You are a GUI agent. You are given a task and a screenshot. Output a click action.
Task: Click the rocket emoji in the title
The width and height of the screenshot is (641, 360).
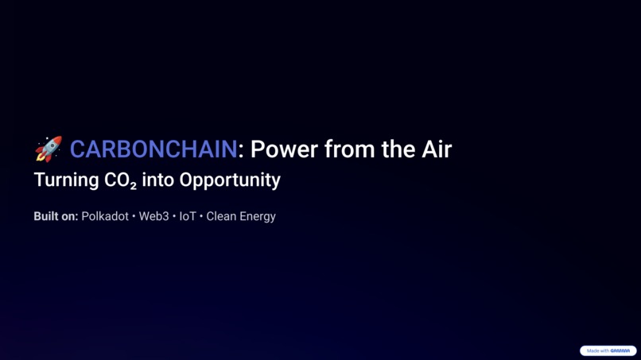pyautogui.click(x=48, y=149)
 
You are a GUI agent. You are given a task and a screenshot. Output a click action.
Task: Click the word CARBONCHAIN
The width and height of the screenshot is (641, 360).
pyautogui.click(x=153, y=149)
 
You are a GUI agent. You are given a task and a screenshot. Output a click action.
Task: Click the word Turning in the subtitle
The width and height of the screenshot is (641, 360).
pyautogui.click(x=66, y=180)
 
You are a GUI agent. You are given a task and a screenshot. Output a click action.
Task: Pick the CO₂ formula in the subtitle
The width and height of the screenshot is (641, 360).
pyautogui.click(x=120, y=180)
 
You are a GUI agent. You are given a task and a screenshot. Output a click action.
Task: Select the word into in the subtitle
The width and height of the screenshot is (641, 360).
pyautogui.click(x=157, y=180)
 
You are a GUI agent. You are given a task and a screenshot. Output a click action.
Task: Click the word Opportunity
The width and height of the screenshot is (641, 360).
pyautogui.click(x=230, y=180)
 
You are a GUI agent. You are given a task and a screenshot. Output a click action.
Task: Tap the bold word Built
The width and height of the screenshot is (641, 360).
pyautogui.click(x=46, y=216)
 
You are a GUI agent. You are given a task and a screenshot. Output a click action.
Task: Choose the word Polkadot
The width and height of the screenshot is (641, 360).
pyautogui.click(x=105, y=216)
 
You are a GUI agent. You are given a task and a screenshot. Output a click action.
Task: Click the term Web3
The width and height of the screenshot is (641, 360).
pyautogui.click(x=153, y=216)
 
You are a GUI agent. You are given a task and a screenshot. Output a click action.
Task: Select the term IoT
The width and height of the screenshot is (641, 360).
pyautogui.click(x=188, y=216)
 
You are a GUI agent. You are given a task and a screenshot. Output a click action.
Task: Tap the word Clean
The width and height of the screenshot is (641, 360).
pyautogui.click(x=222, y=216)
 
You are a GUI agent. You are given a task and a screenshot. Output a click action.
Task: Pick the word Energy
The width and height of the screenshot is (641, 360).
pyautogui.click(x=258, y=216)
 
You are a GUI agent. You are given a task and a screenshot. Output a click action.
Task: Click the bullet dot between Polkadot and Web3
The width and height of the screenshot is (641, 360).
pyautogui.click(x=134, y=216)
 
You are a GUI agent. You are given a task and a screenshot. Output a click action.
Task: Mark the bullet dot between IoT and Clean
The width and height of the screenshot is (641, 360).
pyautogui.click(x=201, y=216)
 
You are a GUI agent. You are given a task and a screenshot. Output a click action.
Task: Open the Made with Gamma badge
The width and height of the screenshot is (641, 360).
pyautogui.click(x=608, y=350)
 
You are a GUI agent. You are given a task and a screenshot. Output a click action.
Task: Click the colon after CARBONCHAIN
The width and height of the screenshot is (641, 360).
pyautogui.click(x=241, y=150)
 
